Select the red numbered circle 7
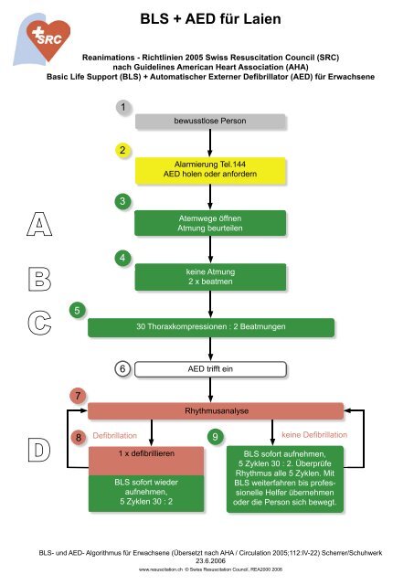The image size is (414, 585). click(x=80, y=396)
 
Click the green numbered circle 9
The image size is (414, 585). click(x=215, y=437)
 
